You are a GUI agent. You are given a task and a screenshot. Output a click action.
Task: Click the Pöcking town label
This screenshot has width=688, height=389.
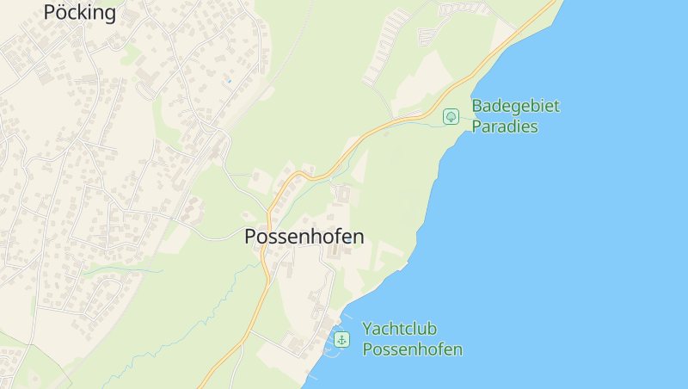pos(79,12)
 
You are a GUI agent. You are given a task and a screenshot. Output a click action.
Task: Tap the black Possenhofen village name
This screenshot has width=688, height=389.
pos(304,237)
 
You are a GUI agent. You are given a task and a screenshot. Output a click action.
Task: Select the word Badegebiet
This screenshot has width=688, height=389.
pos(515,106)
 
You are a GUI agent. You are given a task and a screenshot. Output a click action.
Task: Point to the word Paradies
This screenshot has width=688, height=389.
pos(505,127)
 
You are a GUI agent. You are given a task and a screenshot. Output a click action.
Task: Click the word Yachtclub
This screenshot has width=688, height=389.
pos(400,329)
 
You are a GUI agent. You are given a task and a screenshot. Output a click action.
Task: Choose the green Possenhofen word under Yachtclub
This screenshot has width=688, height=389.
pos(412,349)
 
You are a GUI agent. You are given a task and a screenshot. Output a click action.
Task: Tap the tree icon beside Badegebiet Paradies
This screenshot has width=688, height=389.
pos(451,116)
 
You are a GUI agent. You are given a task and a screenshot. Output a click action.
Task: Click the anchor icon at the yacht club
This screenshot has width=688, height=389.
pos(342,340)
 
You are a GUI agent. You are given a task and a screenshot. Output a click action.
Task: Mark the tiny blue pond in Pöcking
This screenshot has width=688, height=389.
pos(229,81)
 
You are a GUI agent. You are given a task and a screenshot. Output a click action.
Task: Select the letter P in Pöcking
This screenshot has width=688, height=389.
pos(49,12)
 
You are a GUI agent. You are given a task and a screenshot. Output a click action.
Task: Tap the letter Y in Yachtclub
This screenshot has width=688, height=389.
pos(368,329)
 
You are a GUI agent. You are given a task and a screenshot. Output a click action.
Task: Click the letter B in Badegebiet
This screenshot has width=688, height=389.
pos(477,106)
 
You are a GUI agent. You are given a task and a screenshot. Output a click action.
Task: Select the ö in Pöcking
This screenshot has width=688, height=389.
pos(62,12)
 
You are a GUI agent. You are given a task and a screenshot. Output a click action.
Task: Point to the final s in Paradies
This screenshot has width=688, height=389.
pos(533,127)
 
